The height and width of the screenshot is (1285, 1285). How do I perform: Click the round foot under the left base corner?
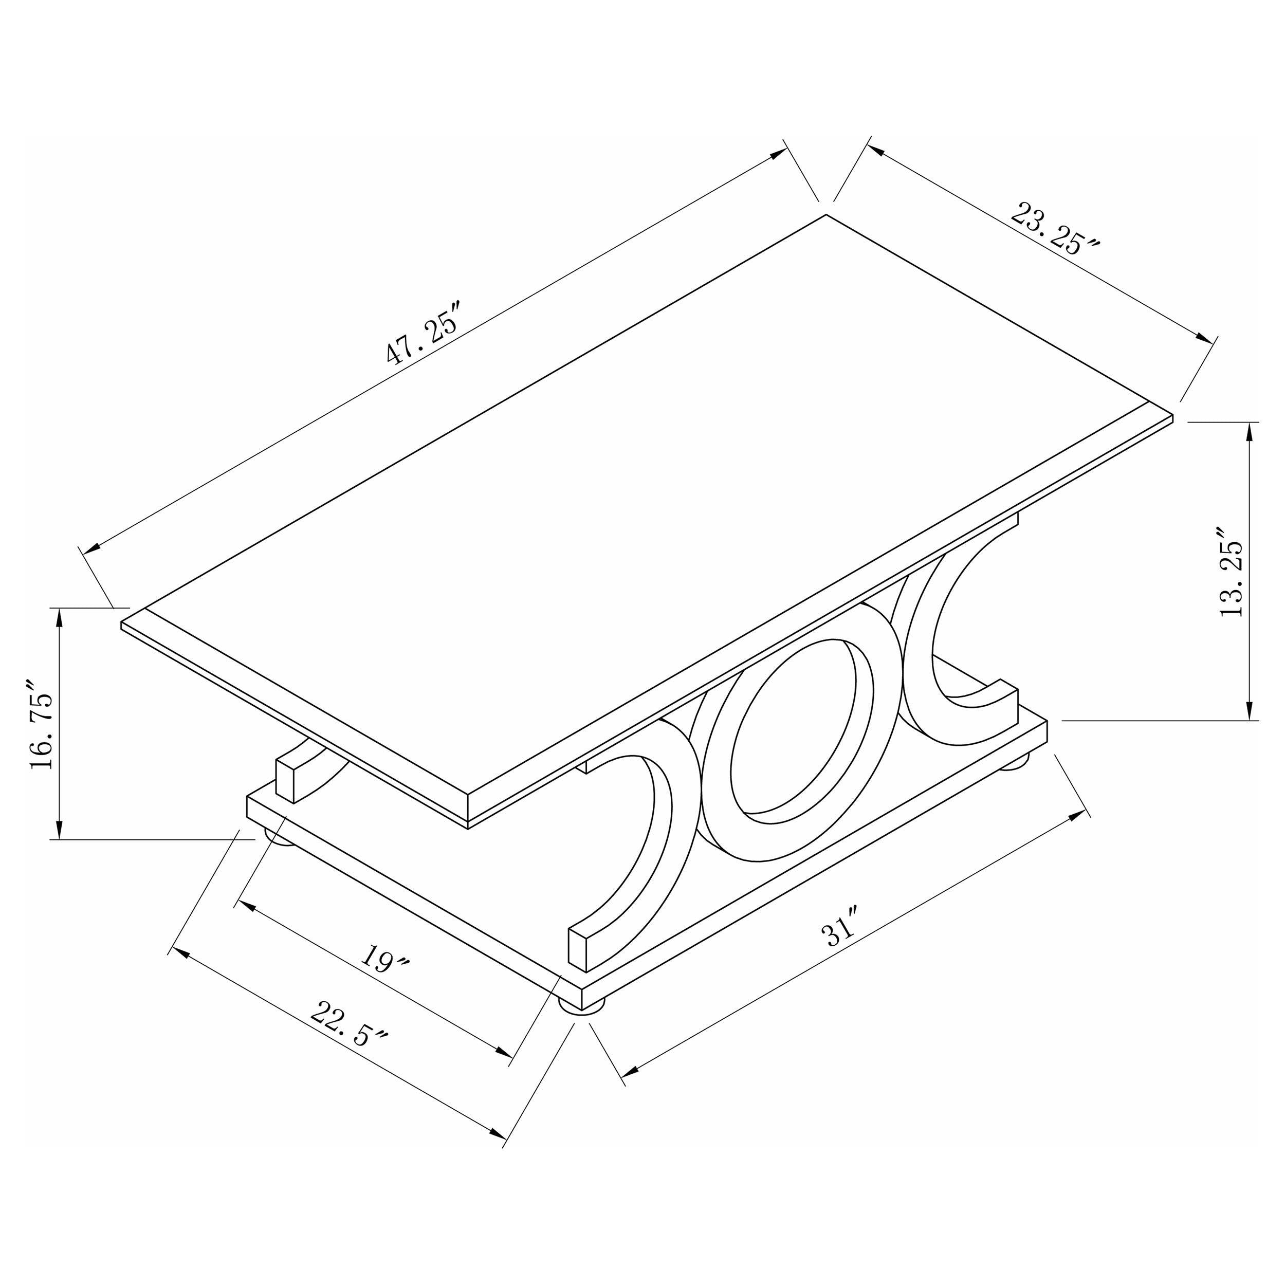281,837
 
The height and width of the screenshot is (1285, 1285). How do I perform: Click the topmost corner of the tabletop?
826,215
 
